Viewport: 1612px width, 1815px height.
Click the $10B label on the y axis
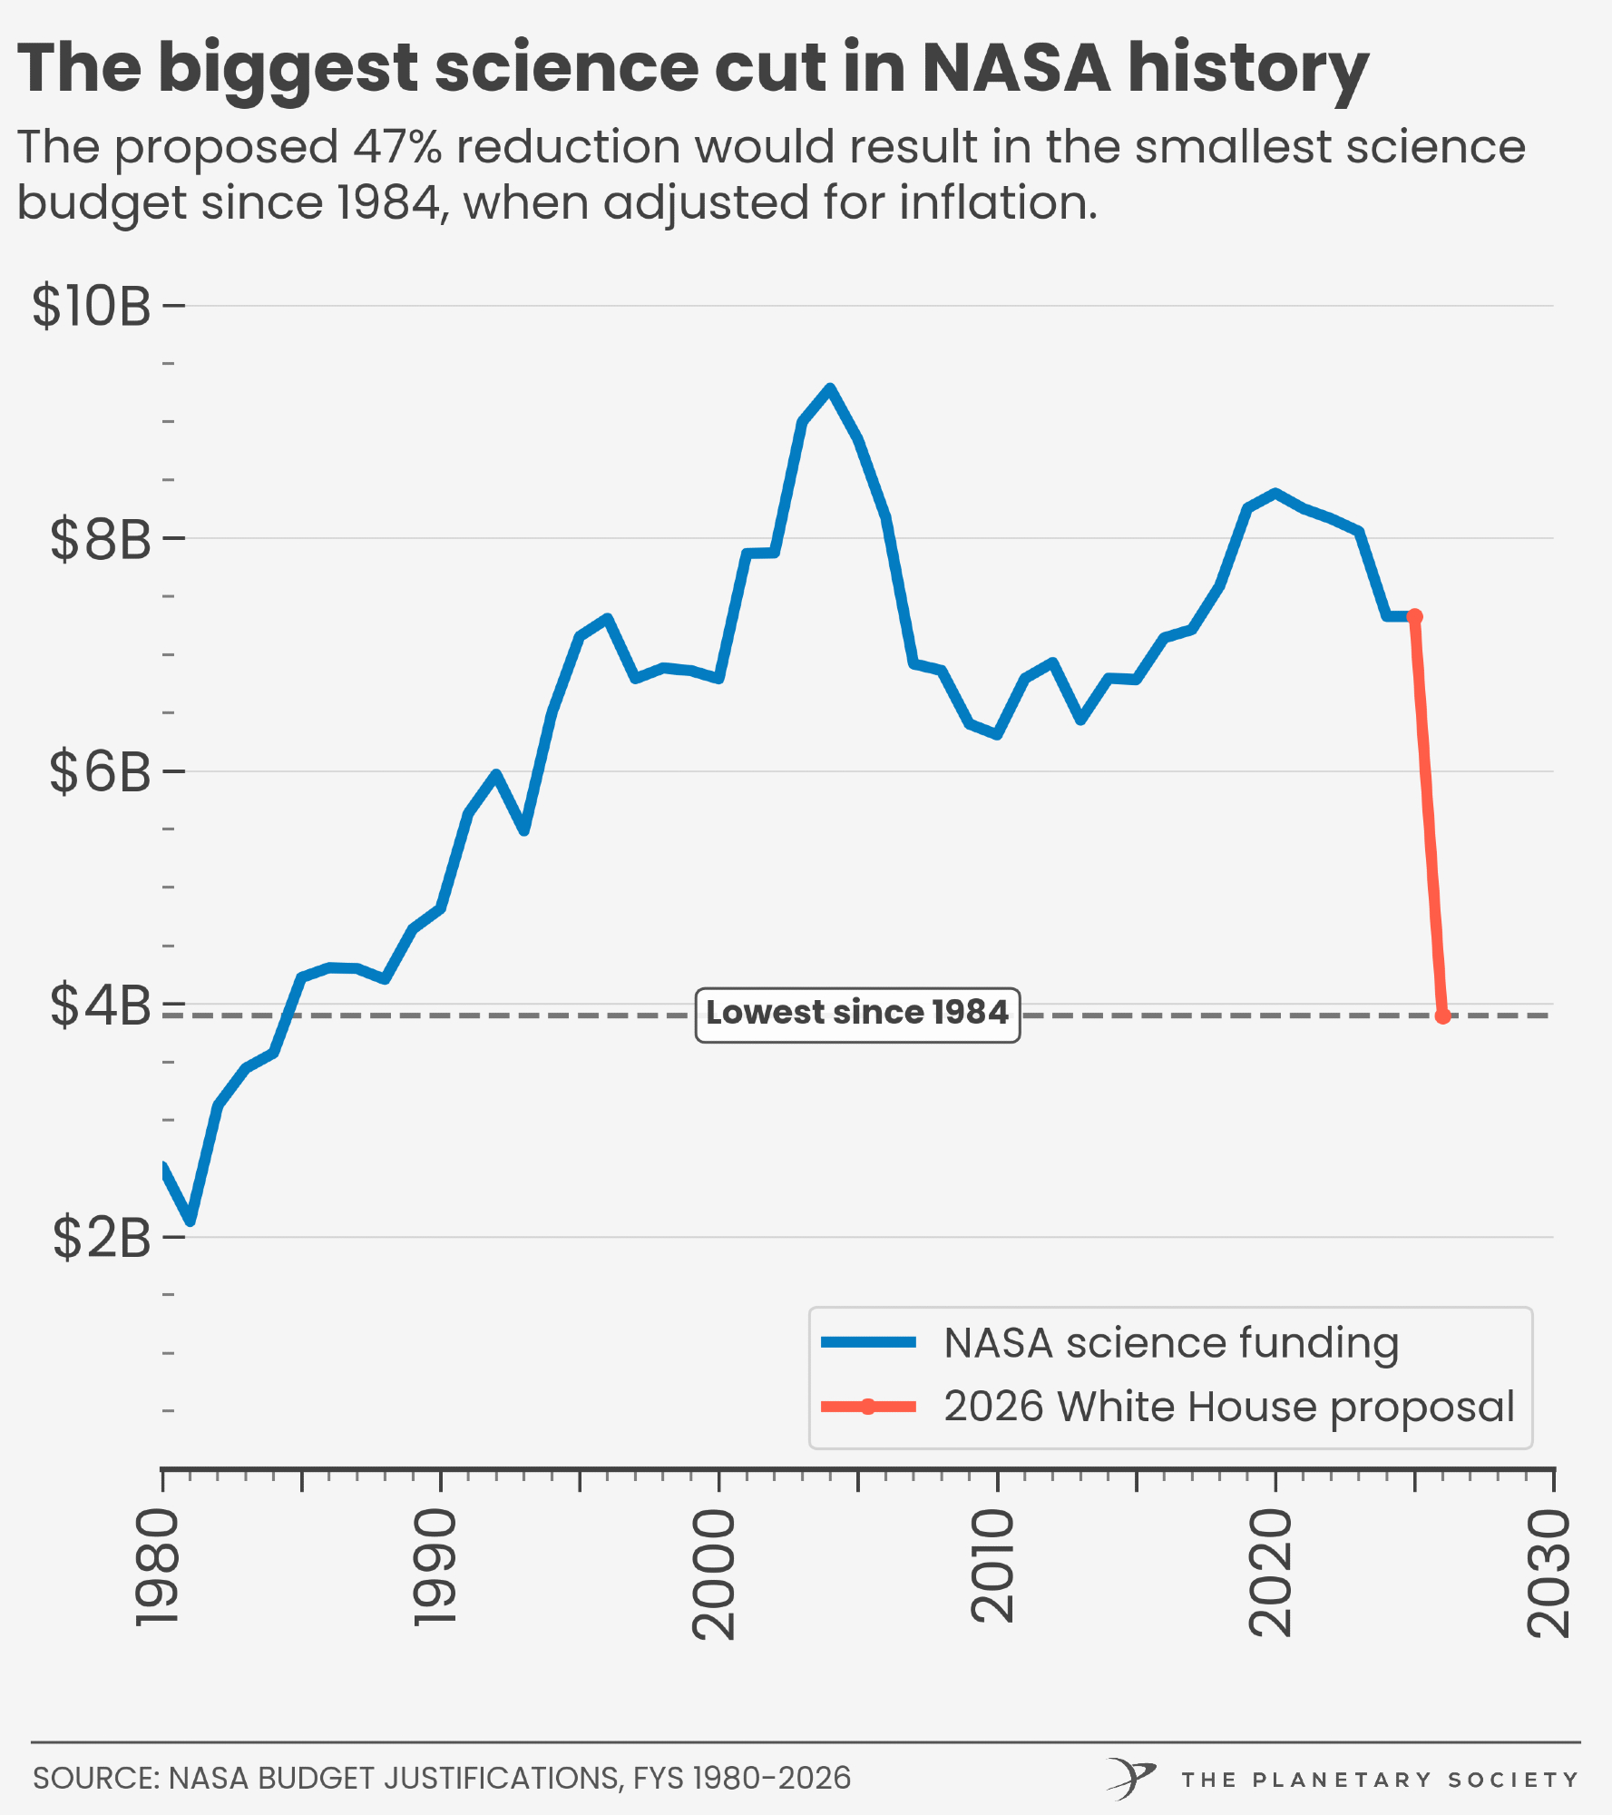(91, 306)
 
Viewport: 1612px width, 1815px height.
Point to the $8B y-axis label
(100, 539)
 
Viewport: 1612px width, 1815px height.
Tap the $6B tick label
(100, 772)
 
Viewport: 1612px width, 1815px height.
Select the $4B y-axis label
(100, 1005)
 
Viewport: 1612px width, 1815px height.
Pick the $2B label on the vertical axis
(101, 1237)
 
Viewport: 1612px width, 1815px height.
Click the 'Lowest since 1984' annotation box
(857, 1014)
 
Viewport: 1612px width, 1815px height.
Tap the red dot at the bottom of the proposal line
(1442, 1016)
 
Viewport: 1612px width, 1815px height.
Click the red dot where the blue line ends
(1414, 617)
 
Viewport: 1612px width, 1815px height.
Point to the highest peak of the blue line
(829, 388)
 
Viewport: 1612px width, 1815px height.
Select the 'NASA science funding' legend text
(1171, 1343)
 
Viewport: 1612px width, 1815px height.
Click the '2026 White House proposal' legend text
(1229, 1407)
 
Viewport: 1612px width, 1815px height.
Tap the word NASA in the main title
(1016, 68)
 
